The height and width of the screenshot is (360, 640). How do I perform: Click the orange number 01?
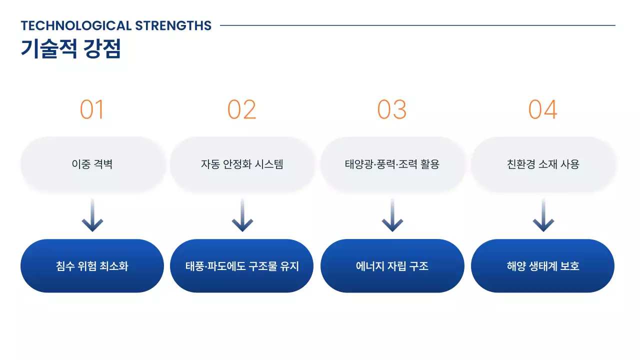coord(92,109)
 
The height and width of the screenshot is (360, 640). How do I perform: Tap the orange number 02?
coord(242,109)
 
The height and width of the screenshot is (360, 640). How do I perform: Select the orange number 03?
coord(392,109)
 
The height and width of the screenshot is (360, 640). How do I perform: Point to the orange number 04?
coord(543,109)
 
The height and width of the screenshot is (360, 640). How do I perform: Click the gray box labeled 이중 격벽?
coord(92,164)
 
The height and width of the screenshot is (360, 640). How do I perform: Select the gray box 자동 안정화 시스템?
coord(242,164)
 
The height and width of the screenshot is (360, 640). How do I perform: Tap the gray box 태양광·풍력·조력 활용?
coord(392,164)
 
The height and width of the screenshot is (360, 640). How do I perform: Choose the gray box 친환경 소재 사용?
coord(543,164)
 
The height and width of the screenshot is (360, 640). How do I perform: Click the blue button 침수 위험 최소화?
coord(92,266)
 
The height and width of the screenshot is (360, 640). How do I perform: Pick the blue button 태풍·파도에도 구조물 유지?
coord(242,266)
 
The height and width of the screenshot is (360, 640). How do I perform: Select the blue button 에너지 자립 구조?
coord(392,266)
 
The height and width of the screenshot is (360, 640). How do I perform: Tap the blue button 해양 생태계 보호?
coord(543,266)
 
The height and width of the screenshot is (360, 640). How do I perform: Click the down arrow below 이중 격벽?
coord(92,216)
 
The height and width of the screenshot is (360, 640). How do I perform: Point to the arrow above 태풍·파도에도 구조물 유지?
coord(242,216)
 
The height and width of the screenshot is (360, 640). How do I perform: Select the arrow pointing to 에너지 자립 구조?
coord(392,216)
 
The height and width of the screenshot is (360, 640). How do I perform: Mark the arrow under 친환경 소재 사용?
coord(543,216)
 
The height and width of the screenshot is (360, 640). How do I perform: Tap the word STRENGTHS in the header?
coord(173,25)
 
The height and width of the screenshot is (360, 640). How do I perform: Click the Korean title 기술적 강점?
coord(70,49)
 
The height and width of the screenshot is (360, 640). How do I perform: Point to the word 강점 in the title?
coord(102,49)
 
